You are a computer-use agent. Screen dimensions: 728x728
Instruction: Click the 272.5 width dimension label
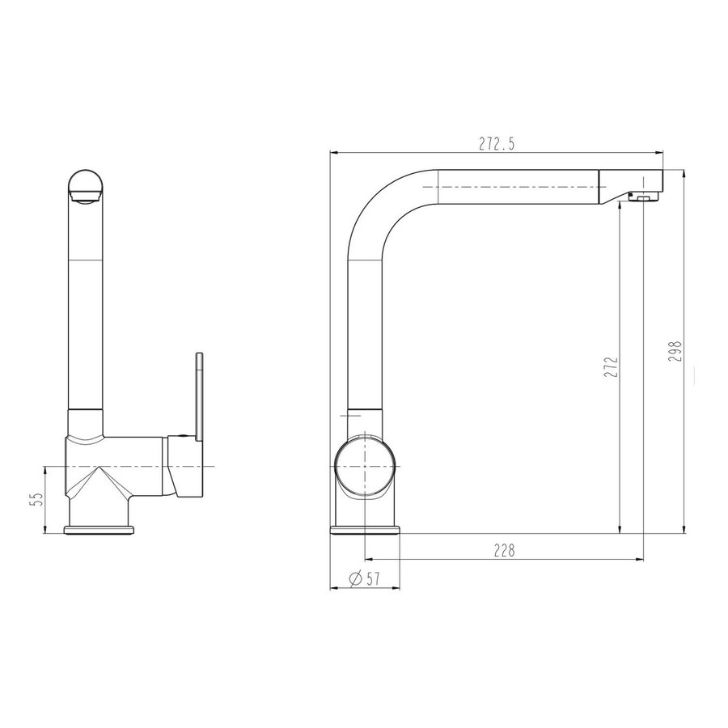pyautogui.click(x=497, y=145)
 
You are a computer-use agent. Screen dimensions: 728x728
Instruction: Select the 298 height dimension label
pyautogui.click(x=675, y=352)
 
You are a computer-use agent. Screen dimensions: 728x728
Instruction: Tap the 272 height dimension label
pyautogui.click(x=612, y=366)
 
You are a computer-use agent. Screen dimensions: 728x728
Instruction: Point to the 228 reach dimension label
pyautogui.click(x=504, y=551)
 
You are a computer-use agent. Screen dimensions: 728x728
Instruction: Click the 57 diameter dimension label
pyautogui.click(x=373, y=578)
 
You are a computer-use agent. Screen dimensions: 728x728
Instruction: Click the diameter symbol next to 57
pyautogui.click(x=355, y=578)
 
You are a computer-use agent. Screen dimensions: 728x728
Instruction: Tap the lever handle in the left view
pyautogui.click(x=199, y=397)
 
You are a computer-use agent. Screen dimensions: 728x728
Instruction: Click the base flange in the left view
pyautogui.click(x=99, y=530)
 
